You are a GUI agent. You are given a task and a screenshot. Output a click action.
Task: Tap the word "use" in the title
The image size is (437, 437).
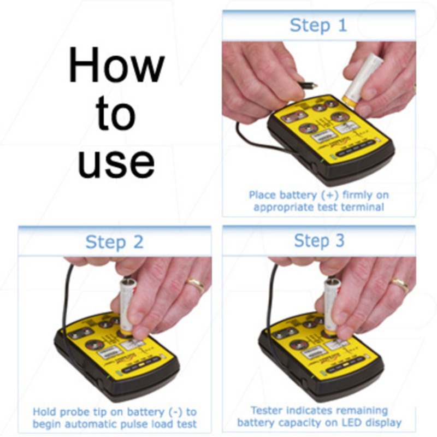pos(116,162)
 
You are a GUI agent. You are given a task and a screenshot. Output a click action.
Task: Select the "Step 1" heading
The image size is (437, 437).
pos(318,25)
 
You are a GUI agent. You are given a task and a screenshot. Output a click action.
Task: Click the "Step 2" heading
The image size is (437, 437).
pos(115,242)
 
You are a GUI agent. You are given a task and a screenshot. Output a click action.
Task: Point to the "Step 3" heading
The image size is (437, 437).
pos(319,241)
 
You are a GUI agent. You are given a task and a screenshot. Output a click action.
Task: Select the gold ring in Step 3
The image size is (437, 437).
pos(399,284)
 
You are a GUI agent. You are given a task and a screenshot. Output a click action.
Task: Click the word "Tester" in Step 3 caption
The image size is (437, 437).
pos(268,410)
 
